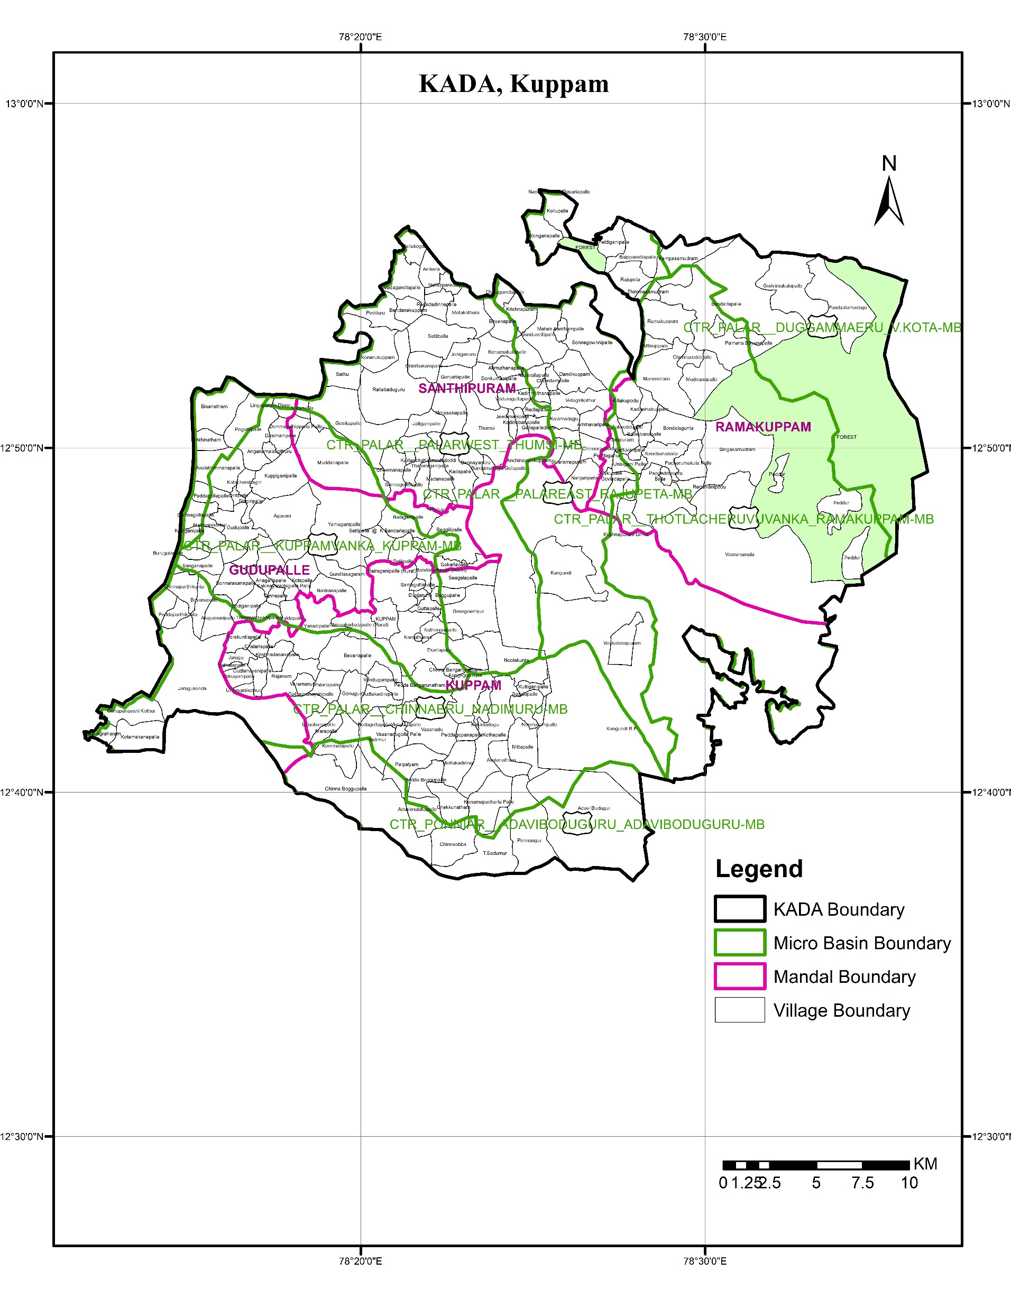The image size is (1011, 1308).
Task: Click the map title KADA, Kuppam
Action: click(513, 84)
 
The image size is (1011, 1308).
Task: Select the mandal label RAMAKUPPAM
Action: click(763, 427)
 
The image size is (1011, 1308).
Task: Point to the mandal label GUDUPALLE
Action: click(269, 570)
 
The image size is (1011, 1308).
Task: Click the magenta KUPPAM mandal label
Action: click(473, 686)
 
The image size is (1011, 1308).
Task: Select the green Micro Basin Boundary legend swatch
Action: click(740, 943)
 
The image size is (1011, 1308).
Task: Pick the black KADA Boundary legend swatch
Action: click(740, 909)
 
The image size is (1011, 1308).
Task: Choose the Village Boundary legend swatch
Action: click(740, 1010)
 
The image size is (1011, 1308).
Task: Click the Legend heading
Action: click(759, 869)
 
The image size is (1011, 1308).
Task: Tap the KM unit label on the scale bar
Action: click(925, 1164)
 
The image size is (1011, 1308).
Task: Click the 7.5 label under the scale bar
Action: click(862, 1183)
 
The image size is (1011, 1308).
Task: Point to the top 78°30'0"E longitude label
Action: click(705, 37)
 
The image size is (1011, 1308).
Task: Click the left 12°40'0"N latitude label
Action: click(22, 793)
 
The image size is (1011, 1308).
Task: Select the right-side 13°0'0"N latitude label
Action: click(989, 104)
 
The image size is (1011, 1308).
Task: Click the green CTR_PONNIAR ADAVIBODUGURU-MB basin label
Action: click(577, 825)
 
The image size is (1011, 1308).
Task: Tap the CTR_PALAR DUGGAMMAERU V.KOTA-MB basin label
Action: click(822, 328)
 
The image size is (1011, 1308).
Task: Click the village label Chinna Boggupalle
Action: click(346, 789)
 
